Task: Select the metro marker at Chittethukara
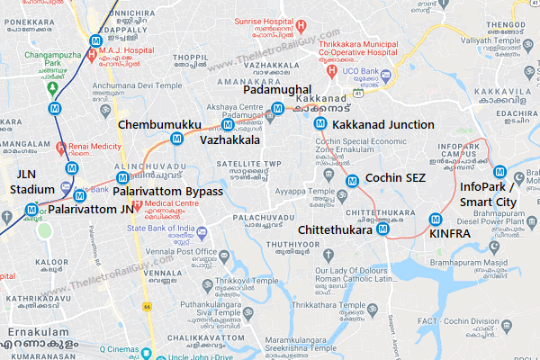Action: point(382,229)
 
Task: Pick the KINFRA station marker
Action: point(436,218)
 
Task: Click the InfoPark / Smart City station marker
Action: point(499,173)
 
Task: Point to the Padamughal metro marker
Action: point(278,109)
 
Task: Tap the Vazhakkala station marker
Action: point(229,124)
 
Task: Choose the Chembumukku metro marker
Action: point(176,138)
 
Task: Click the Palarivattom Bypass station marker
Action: point(122,178)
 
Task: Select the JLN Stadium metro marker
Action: point(31,210)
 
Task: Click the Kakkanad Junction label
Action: point(383,124)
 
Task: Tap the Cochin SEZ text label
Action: point(396,178)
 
